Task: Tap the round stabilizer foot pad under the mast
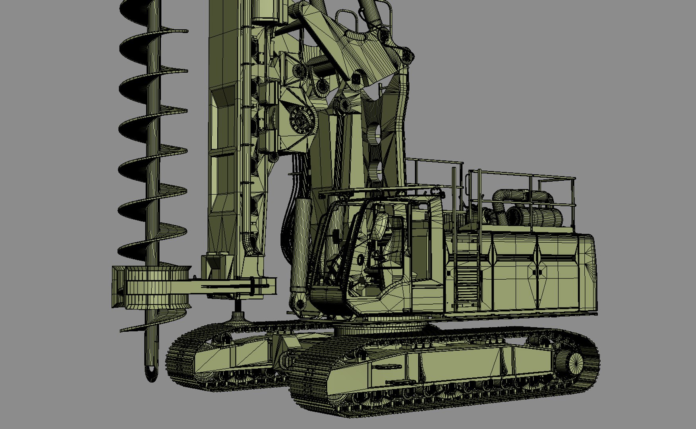tap(238, 318)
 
